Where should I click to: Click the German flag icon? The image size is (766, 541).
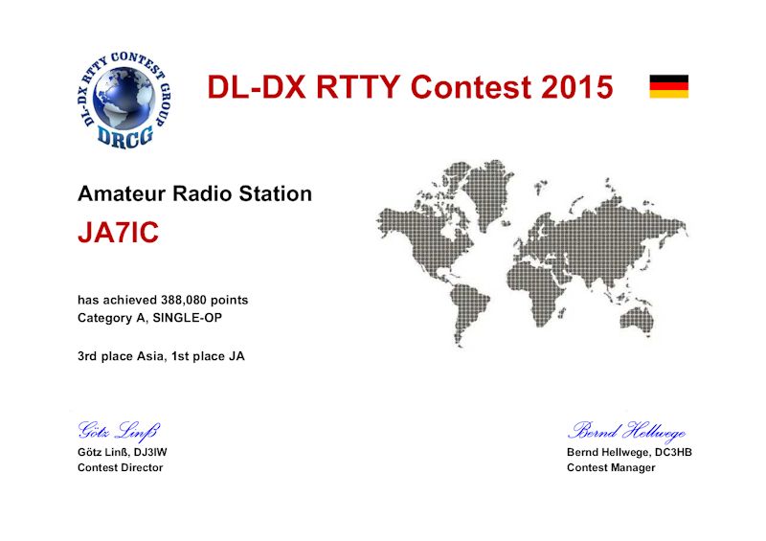tap(668, 86)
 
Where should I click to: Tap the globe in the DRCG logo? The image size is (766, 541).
tap(124, 99)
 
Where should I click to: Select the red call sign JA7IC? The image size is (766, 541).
tap(118, 232)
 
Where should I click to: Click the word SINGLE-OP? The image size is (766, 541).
tap(188, 318)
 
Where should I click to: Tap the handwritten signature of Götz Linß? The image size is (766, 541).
tap(119, 431)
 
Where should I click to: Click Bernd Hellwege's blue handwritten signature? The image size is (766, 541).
tap(627, 431)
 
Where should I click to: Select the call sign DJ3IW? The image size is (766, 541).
tap(150, 452)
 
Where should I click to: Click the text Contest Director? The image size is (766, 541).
tap(121, 467)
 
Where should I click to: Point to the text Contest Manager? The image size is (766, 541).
tap(611, 467)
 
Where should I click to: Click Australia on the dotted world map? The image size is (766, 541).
tap(637, 320)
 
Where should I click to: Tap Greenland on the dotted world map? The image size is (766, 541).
tap(486, 187)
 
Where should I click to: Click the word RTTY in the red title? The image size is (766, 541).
tap(360, 87)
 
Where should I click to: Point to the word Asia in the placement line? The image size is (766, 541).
tap(149, 356)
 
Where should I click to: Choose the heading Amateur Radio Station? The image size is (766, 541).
tap(194, 193)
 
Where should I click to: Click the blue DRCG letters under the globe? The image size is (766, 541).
tap(125, 135)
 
